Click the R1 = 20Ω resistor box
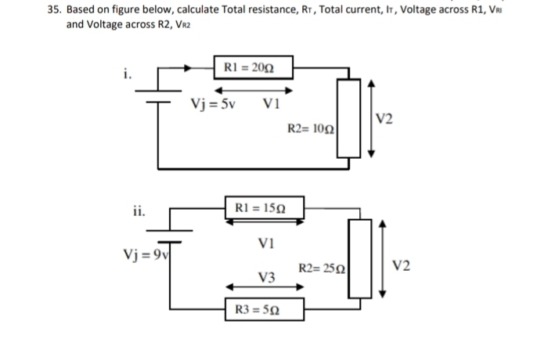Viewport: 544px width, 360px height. click(x=243, y=67)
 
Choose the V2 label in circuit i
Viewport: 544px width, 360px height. click(x=385, y=119)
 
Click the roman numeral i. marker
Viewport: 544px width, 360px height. click(x=126, y=75)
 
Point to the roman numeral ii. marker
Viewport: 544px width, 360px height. click(x=138, y=210)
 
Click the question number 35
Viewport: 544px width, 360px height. click(x=54, y=10)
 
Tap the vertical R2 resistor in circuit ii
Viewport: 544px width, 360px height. click(x=361, y=257)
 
